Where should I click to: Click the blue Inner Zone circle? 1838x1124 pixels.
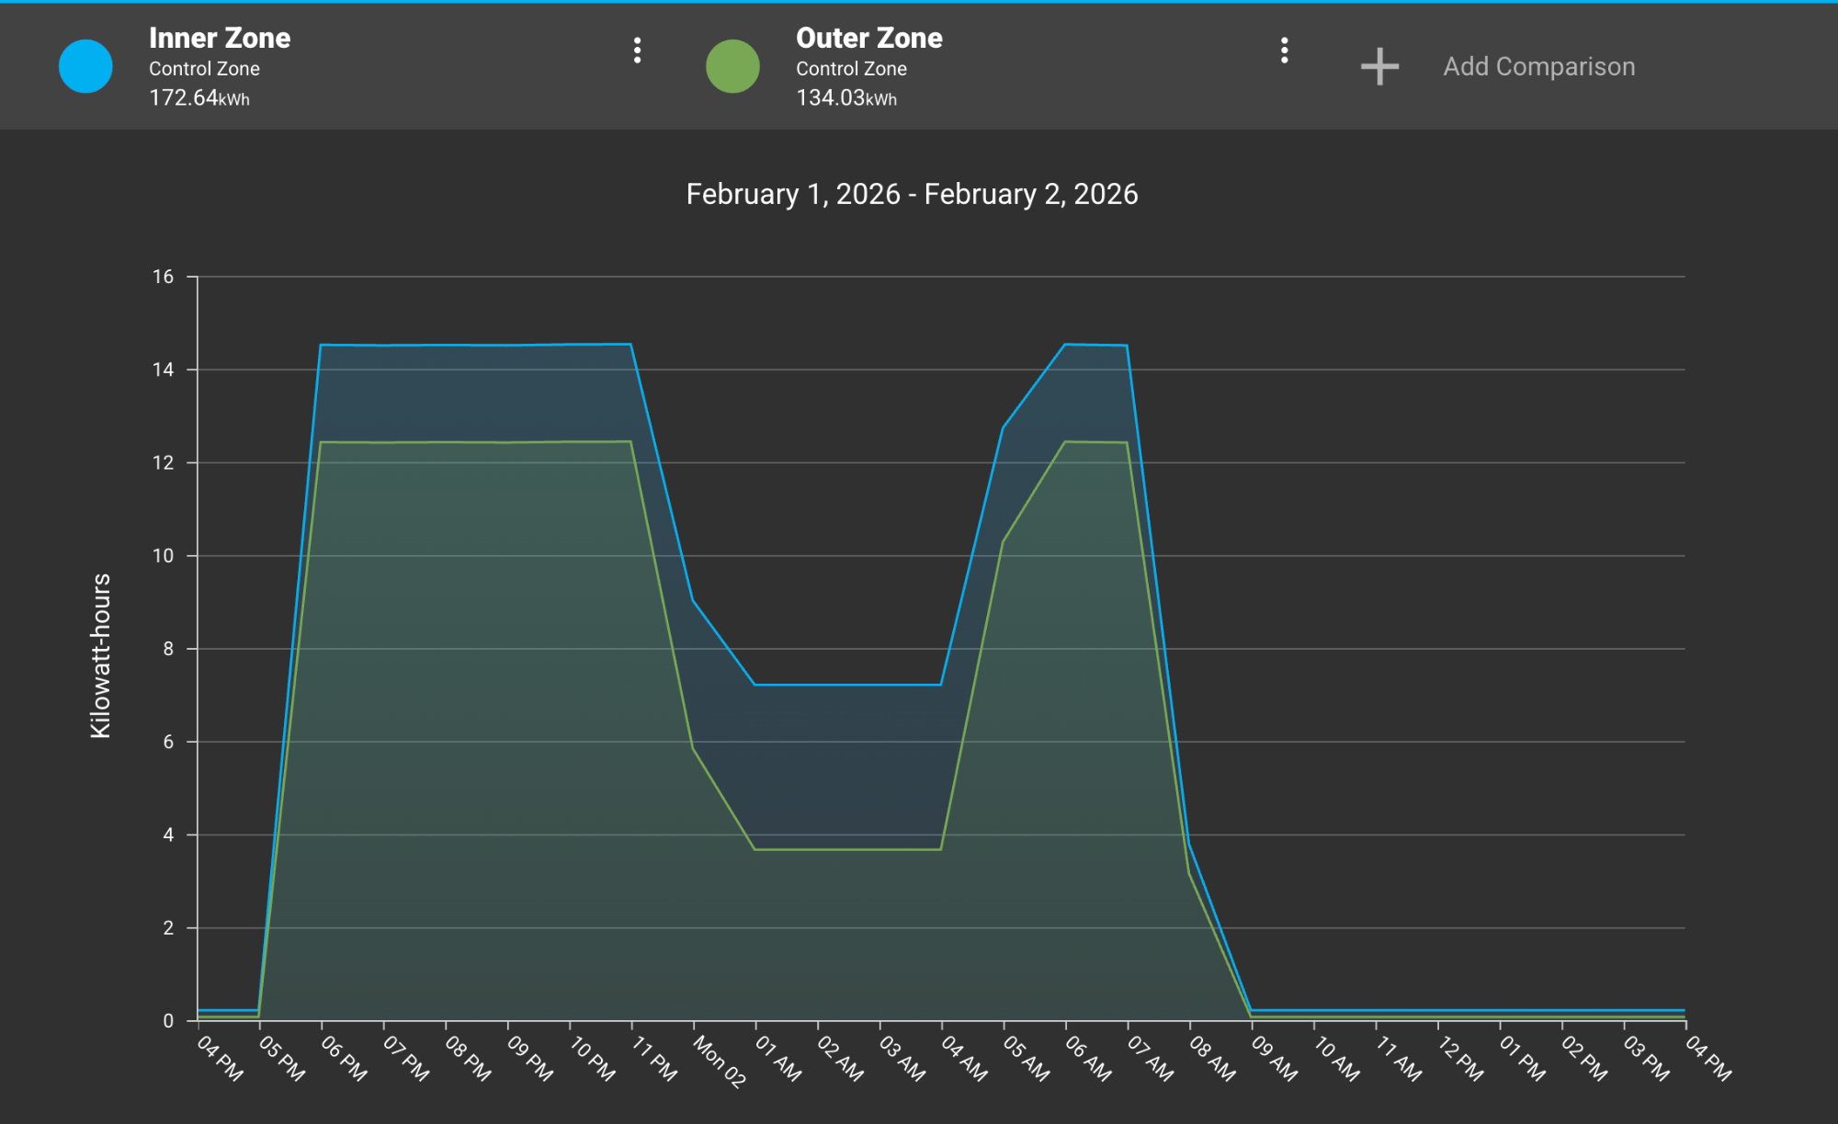[85, 66]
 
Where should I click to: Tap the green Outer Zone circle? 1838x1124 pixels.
[732, 66]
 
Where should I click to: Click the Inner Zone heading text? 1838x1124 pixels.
[220, 38]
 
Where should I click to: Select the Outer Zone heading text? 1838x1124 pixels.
[868, 38]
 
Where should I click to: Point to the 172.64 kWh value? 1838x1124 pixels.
[199, 97]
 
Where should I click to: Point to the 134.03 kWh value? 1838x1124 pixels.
[846, 97]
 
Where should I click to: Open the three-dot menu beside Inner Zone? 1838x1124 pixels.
[637, 51]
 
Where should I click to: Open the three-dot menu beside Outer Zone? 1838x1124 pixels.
[1284, 51]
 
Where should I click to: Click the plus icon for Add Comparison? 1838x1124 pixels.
[1379, 66]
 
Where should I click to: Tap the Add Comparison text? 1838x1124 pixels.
[1538, 66]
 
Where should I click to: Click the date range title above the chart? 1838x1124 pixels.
[912, 194]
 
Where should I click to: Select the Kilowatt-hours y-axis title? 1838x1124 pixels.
[100, 655]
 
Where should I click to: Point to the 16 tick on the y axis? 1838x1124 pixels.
[163, 277]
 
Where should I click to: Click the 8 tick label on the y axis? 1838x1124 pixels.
[167, 649]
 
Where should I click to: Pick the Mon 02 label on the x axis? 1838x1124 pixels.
[719, 1062]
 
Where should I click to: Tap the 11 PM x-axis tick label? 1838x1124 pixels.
[654, 1059]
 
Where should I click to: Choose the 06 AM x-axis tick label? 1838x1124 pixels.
[1088, 1059]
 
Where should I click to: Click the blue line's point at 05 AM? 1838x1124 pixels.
[1003, 427]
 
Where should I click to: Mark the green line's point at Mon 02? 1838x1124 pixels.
[693, 748]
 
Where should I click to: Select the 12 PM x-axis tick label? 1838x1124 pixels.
[1460, 1059]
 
